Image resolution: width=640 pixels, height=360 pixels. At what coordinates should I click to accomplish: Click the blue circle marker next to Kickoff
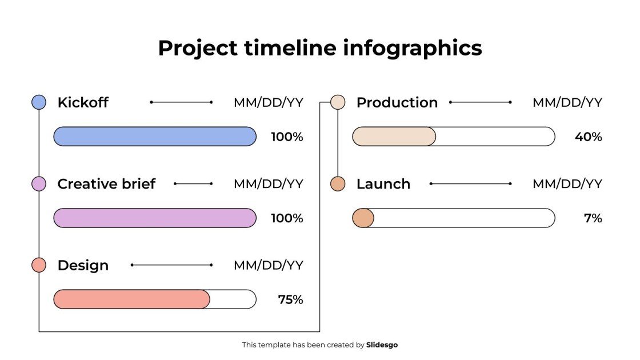[39, 102]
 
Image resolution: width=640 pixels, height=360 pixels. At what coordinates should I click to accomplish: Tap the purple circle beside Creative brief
[39, 184]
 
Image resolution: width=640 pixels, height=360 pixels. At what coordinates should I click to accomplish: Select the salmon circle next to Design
[39, 265]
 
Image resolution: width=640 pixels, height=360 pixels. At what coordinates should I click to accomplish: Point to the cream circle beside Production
[338, 102]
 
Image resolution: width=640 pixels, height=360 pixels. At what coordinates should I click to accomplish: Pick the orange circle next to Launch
[338, 184]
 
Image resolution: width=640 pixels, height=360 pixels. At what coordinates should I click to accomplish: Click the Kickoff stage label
[83, 103]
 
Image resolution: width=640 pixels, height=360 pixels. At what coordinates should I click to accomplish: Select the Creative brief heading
[106, 184]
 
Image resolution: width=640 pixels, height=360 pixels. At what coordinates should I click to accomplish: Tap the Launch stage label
[383, 184]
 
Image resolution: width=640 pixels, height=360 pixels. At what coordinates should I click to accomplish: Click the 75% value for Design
[290, 299]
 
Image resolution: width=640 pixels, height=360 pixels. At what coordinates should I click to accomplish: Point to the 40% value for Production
[589, 137]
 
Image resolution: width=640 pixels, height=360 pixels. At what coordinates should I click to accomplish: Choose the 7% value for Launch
[593, 218]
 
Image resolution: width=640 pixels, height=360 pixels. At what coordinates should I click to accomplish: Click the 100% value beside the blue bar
[287, 137]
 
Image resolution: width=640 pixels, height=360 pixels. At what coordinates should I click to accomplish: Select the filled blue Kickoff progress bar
[155, 137]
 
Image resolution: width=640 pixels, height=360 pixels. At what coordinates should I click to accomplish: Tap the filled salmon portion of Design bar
[131, 299]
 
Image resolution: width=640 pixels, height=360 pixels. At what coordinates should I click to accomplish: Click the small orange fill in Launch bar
[363, 218]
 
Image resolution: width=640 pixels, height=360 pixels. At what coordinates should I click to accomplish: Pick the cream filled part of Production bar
[394, 137]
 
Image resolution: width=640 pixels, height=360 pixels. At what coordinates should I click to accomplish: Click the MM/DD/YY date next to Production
[567, 103]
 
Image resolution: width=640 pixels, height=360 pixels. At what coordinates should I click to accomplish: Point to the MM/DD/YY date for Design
[268, 265]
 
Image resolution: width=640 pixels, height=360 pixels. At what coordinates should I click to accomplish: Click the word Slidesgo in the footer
[382, 345]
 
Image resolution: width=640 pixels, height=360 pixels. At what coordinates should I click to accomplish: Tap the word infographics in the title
[412, 48]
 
